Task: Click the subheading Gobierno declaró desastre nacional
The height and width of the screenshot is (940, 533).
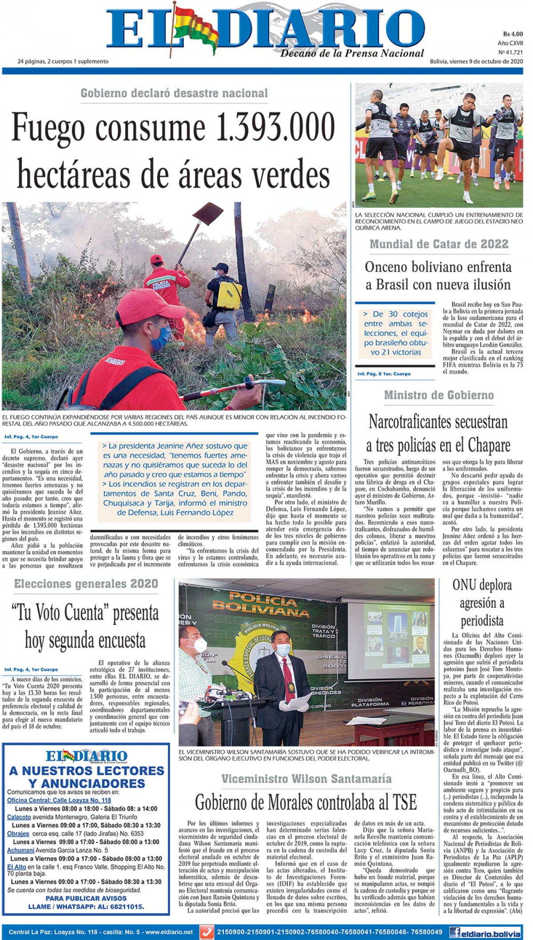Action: click(x=174, y=93)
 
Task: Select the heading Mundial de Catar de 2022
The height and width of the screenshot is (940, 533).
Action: click(x=439, y=244)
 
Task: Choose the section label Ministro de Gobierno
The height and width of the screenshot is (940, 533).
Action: click(x=439, y=395)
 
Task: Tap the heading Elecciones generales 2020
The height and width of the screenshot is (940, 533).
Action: click(x=86, y=583)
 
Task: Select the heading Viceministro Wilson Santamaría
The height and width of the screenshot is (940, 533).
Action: click(x=306, y=778)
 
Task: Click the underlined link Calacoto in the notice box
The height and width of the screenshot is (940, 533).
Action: click(x=19, y=817)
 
